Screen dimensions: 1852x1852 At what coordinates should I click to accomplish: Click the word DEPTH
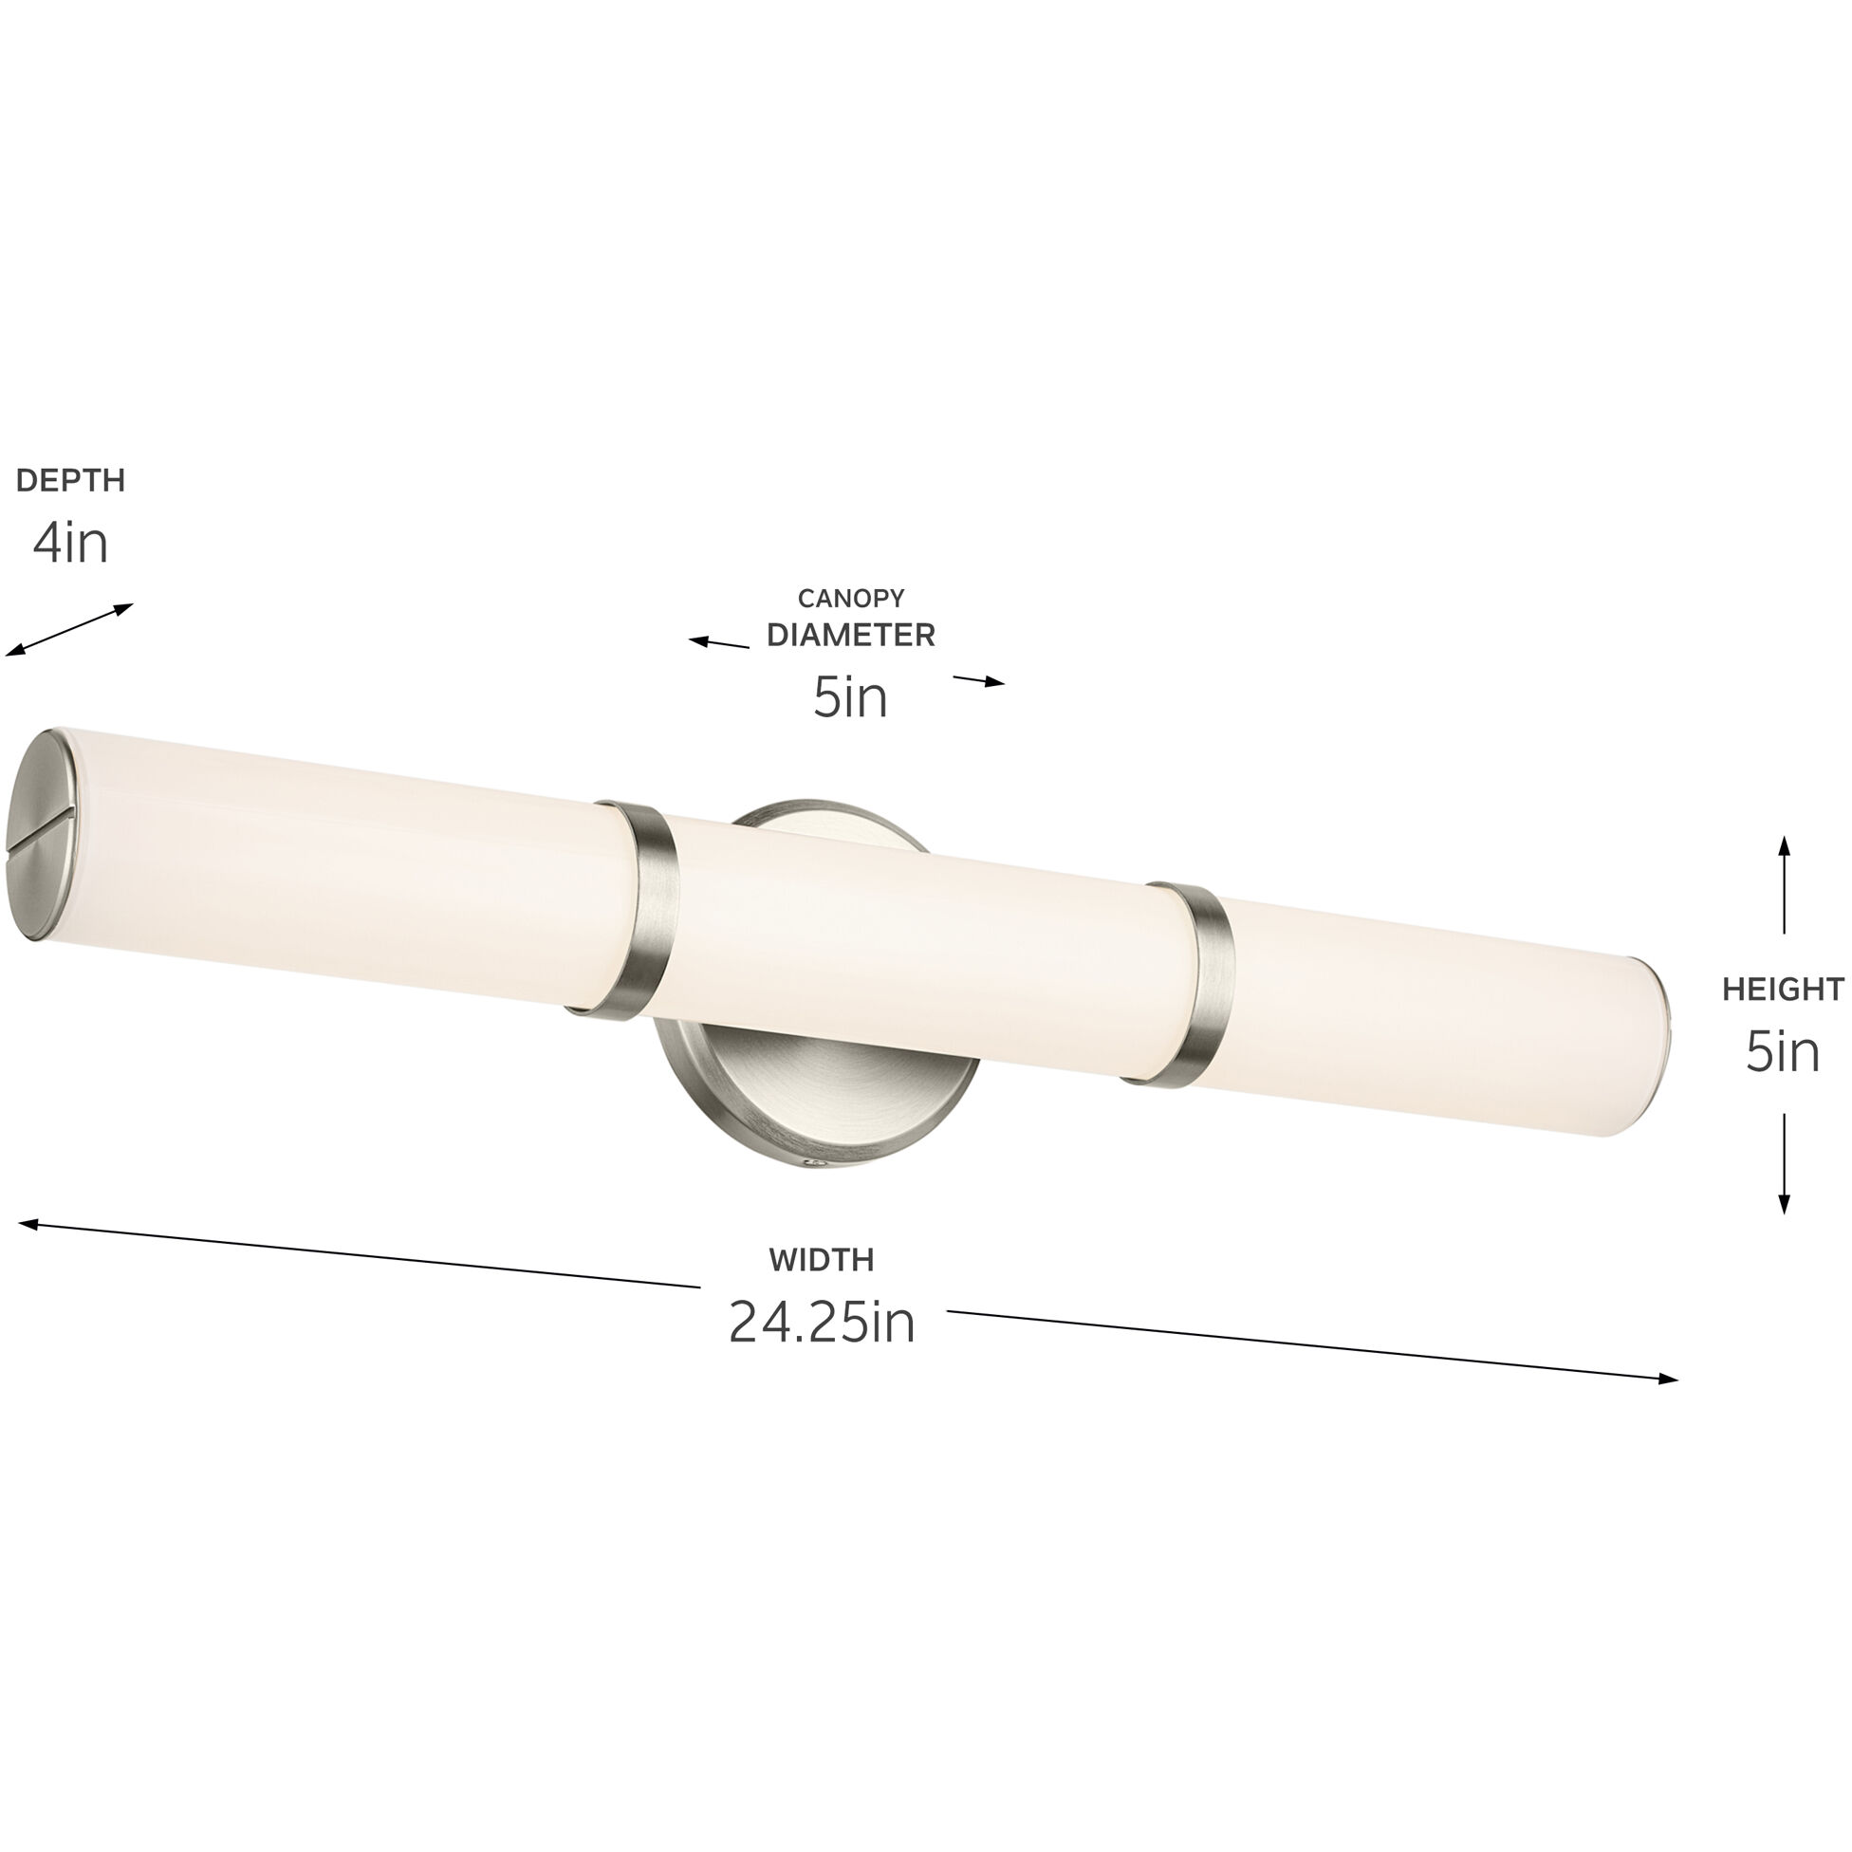[71, 480]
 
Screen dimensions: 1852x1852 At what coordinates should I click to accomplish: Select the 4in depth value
[71, 544]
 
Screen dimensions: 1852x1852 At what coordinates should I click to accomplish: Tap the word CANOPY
[850, 598]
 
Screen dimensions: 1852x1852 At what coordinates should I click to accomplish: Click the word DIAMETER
[850, 635]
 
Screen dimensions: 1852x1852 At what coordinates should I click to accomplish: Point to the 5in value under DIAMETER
[850, 697]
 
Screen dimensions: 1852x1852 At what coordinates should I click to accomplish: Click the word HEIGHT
[1782, 989]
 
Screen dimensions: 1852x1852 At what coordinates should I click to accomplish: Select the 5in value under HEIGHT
[1782, 1051]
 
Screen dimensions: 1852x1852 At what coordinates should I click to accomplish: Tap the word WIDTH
[822, 1260]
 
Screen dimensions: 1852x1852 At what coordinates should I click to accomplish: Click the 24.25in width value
[822, 1323]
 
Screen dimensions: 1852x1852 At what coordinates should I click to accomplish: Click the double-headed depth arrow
[69, 630]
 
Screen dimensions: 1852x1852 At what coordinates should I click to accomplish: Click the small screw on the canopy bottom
[816, 1165]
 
